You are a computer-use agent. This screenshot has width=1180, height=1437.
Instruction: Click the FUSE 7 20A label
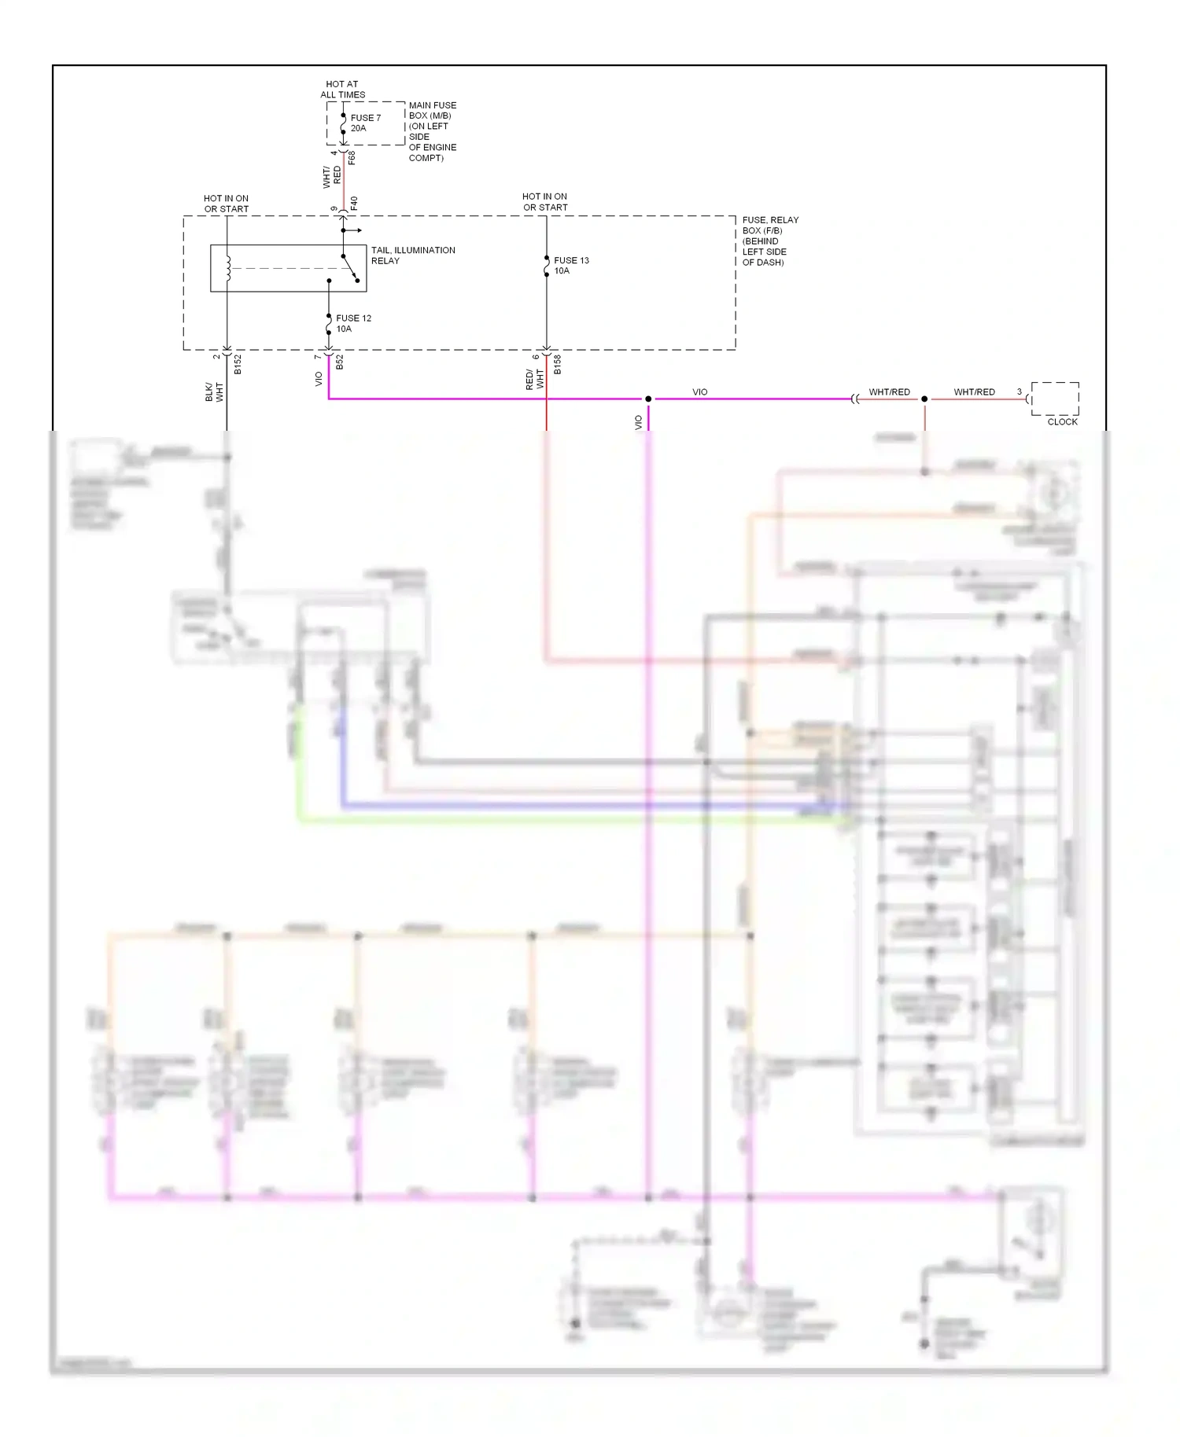tap(365, 123)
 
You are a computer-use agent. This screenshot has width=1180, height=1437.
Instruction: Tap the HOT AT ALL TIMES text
tap(342, 89)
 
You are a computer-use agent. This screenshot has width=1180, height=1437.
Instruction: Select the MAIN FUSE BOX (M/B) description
tap(432, 131)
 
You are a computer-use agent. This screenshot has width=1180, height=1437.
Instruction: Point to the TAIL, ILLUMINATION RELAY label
tap(413, 255)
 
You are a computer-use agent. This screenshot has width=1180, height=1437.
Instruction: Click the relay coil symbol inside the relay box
tap(228, 268)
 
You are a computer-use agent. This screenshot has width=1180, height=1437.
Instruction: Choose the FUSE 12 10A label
tap(353, 323)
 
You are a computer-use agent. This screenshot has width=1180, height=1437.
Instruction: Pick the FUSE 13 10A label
tap(571, 265)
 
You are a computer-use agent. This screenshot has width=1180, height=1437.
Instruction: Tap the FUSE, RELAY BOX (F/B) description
tap(770, 241)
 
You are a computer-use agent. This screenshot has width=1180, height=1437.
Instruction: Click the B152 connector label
tap(238, 364)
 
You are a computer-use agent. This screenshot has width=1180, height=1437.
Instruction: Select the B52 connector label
tap(340, 362)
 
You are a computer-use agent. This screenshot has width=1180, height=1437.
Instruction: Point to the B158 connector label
tap(557, 364)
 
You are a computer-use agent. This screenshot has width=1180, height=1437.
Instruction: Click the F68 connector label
tap(352, 157)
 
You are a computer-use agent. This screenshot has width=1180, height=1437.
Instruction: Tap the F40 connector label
tap(354, 203)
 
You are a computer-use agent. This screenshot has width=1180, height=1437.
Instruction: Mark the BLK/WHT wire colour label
tap(214, 391)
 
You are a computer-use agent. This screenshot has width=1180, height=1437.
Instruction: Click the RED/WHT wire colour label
tap(534, 380)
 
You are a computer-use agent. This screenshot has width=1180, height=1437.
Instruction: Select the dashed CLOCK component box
tap(1055, 399)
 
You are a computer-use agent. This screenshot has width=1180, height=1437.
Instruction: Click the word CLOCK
tap(1062, 422)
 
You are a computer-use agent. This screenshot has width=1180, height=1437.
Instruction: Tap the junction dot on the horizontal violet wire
tap(648, 399)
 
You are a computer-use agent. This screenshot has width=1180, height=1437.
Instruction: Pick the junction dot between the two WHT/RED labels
tap(924, 399)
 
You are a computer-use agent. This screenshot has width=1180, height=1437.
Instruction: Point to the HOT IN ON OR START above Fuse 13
tap(544, 202)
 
